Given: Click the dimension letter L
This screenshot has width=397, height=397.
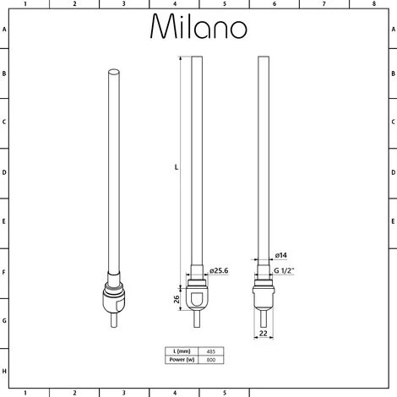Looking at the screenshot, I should [x=175, y=167].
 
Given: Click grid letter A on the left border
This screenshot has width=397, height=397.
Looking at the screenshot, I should [x=4, y=28].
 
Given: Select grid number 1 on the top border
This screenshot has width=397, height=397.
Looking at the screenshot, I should [x=25, y=4].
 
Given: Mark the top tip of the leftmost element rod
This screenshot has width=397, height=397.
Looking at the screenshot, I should [x=112, y=71].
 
